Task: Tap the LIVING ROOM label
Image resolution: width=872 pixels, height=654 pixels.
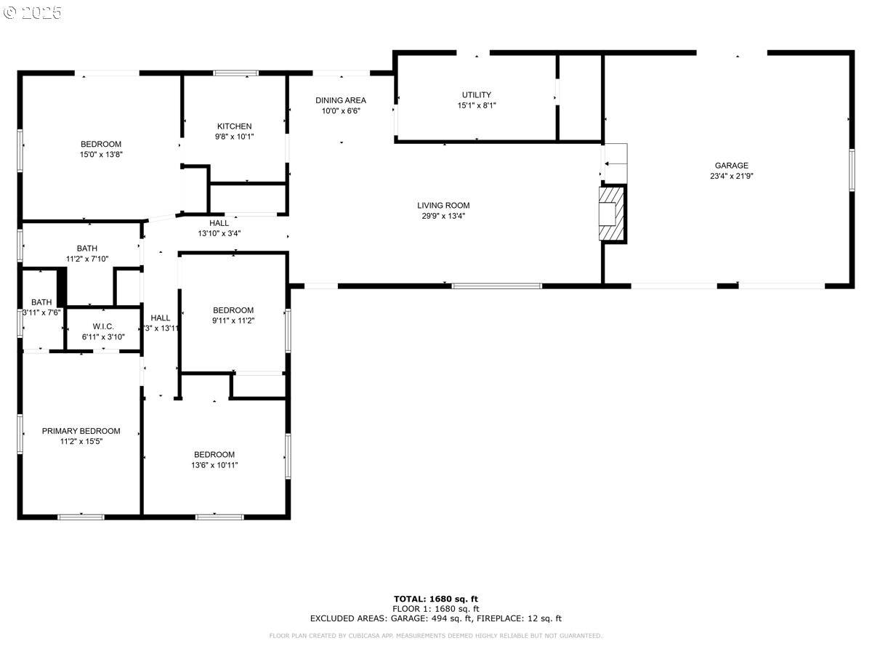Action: coord(443,206)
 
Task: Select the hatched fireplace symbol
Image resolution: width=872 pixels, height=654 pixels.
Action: coord(612,213)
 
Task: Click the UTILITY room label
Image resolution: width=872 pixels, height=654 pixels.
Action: coord(477,95)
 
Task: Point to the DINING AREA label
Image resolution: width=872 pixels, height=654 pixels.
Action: coord(341,100)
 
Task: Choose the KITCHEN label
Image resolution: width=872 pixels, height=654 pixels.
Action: coord(234,126)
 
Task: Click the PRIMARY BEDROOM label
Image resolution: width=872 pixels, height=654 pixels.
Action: coord(81,431)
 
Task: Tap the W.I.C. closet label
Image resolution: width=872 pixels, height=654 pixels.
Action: coord(103,326)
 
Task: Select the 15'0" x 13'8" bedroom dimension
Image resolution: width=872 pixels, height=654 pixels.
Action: coord(101,154)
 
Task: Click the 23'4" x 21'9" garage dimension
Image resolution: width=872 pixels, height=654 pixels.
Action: coord(731,176)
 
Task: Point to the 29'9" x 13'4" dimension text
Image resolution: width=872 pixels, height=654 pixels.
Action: coord(443,216)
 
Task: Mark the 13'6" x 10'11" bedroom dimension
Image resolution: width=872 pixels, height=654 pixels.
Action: coord(214,465)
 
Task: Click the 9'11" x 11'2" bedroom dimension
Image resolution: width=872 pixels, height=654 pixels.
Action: coord(233,320)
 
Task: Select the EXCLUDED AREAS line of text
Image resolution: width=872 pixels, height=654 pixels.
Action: coord(436,619)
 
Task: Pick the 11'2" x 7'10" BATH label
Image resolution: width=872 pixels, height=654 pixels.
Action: coord(87,249)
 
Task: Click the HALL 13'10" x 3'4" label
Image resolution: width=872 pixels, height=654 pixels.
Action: coord(219,228)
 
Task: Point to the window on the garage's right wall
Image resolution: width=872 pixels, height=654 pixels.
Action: coord(852,170)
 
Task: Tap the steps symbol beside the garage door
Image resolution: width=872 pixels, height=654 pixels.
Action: coord(615,154)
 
